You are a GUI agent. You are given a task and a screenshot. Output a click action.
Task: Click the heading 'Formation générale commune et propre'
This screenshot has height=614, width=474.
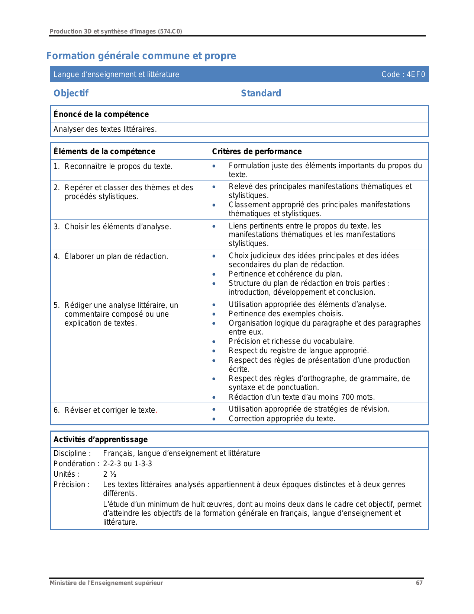(141, 56)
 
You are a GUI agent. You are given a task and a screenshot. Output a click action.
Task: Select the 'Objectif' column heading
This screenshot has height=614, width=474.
(71, 93)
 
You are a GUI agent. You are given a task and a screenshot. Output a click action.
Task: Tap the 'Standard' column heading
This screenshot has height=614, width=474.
(261, 93)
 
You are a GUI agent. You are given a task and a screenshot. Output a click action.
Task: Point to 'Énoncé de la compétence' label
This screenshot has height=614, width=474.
(101, 114)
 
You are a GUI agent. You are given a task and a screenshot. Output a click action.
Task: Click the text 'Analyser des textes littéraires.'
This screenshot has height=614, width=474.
(105, 129)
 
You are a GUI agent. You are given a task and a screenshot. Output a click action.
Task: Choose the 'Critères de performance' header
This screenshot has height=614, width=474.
(257, 151)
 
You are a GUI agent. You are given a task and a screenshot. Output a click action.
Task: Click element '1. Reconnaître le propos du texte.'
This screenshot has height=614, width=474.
(113, 166)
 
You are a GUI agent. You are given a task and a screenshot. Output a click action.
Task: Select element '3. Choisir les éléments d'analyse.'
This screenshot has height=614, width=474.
(112, 227)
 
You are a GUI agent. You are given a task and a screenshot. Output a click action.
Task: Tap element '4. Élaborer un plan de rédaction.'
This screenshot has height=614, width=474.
(111, 256)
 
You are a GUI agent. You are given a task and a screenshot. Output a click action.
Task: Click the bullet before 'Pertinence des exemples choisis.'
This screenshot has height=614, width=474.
(214, 314)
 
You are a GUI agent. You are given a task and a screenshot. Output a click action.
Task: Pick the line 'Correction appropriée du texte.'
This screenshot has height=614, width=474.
(282, 419)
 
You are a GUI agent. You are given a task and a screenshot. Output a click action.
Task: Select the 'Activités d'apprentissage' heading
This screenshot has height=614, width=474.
(100, 439)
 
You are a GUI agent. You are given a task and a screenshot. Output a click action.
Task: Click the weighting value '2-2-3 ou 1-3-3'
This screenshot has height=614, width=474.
(128, 464)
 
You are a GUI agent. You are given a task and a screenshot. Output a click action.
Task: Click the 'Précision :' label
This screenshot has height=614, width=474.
(71, 485)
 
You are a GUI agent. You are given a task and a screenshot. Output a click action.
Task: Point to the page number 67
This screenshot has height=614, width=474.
(419, 583)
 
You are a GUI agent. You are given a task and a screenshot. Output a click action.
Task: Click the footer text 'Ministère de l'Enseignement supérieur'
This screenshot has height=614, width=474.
(106, 583)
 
